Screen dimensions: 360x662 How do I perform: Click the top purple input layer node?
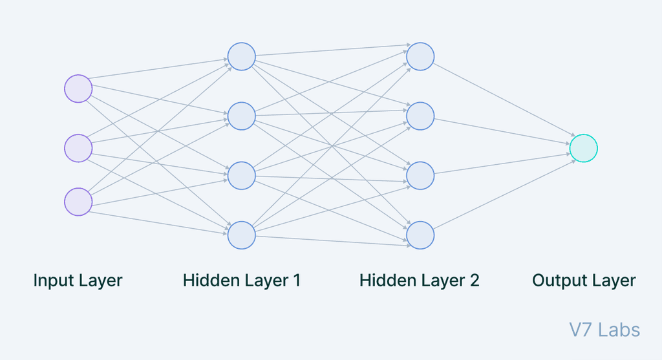pos(78,89)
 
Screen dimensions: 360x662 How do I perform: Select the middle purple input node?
pos(78,148)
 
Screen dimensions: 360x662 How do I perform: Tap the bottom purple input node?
pos(78,202)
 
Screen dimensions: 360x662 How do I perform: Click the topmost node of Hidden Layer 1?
pos(242,56)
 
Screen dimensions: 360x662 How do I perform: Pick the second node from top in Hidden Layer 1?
pos(242,116)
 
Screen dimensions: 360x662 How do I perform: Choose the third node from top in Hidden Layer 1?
pos(242,175)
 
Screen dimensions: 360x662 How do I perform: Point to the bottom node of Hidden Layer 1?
pos(242,235)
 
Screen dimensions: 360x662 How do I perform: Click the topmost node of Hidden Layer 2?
pos(420,56)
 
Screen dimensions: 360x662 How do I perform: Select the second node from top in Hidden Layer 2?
pos(420,116)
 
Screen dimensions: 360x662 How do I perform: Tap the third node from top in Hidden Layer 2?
pos(420,175)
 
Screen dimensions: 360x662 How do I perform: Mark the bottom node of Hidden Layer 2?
pos(420,235)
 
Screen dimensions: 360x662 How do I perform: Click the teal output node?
pos(583,148)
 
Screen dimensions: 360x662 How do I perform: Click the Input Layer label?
pos(78,281)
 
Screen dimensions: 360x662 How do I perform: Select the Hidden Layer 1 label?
pos(241,281)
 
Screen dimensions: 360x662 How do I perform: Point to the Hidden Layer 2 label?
pos(420,281)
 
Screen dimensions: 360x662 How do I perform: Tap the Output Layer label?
pos(584,281)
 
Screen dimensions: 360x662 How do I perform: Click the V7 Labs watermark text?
pos(604,330)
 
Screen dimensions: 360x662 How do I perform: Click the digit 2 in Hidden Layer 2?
pos(474,281)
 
